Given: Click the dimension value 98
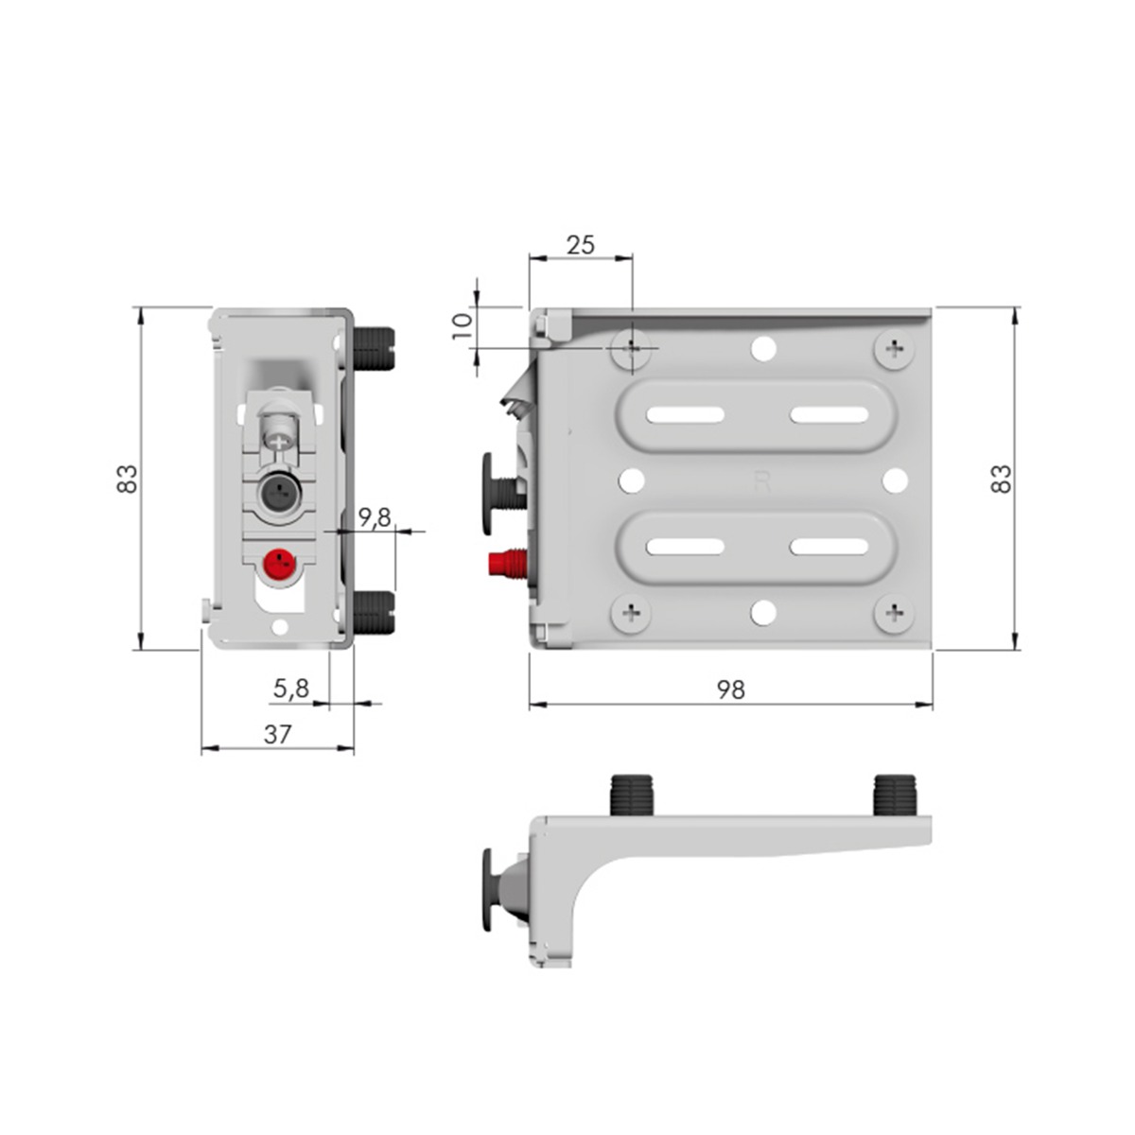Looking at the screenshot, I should [730, 690].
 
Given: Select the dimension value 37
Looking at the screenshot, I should [277, 734].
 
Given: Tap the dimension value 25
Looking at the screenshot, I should [580, 245].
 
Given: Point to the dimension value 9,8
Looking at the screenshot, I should [375, 518].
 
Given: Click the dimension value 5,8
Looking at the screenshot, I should [291, 690].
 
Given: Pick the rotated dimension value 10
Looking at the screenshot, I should [462, 327].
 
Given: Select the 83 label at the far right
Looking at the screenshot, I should [1001, 478].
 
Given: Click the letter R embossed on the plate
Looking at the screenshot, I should [762, 481].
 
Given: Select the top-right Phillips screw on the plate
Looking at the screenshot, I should [894, 350].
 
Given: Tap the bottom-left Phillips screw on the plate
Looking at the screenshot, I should [631, 614].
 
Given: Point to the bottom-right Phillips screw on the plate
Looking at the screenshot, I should [894, 614].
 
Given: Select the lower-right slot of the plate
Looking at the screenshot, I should [829, 547].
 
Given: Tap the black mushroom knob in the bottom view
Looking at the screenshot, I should [488, 889].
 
